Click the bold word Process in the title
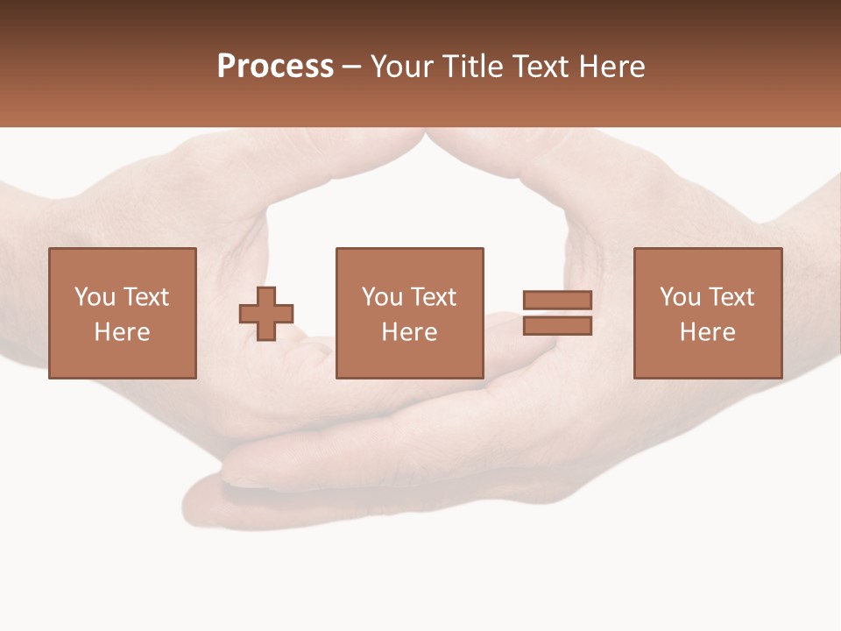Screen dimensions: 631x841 click(275, 67)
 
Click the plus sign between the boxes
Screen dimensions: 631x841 click(266, 314)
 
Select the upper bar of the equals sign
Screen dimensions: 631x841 click(557, 301)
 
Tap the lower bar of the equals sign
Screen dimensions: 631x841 click(557, 326)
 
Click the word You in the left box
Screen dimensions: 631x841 click(95, 297)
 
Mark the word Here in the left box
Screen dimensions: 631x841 click(122, 332)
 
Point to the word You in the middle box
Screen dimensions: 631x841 click(382, 297)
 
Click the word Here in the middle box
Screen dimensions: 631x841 click(409, 332)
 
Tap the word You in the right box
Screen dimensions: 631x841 click(680, 297)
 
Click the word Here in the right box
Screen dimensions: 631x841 click(707, 332)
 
